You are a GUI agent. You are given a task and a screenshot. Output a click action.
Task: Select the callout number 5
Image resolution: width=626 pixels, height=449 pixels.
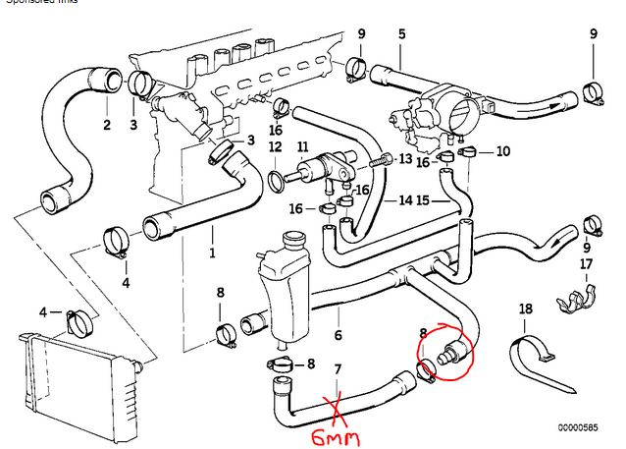pos(401,35)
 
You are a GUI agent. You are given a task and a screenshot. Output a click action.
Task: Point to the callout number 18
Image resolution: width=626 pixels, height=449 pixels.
pos(526,309)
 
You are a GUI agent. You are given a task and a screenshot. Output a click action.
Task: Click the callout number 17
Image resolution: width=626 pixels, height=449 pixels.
pos(586,264)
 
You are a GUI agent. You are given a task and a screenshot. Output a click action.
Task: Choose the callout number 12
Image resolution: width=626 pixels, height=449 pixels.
pos(275,147)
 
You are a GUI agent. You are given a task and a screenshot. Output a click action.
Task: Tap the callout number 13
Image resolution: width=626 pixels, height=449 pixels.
pos(405,158)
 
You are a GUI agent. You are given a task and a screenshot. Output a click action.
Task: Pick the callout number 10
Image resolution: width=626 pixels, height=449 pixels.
pos(503,151)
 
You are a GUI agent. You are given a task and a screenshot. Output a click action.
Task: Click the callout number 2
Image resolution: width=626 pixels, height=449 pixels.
pos(106,125)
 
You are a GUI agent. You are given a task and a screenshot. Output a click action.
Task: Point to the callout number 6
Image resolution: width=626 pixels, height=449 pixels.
pos(339,335)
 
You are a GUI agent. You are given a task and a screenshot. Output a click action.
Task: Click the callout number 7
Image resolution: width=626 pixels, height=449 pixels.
pos(339,369)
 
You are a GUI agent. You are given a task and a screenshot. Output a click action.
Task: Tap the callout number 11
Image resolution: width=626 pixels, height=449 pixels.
pos(302,147)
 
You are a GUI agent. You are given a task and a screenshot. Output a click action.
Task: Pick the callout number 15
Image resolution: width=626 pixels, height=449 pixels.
pos(423,201)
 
